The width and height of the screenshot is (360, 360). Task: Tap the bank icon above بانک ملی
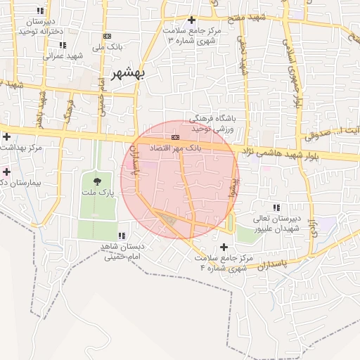[x=107, y=36]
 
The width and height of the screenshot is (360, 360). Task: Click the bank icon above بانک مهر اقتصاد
[x=175, y=137]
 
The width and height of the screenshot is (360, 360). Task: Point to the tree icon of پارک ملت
[x=97, y=181]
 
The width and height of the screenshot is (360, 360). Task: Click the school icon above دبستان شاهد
[x=122, y=236]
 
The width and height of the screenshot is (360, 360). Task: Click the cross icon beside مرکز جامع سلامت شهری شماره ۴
[x=224, y=247]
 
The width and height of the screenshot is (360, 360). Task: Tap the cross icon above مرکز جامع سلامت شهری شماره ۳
[x=191, y=20]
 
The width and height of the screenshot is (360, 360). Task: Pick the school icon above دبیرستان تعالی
[x=276, y=207]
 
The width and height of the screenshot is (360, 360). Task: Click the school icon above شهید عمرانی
[x=63, y=45]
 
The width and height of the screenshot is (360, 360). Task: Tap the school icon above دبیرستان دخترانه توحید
[x=39, y=11]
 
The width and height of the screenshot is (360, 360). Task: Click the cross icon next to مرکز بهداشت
[x=6, y=136]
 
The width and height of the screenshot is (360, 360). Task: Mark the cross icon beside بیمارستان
[x=6, y=172]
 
